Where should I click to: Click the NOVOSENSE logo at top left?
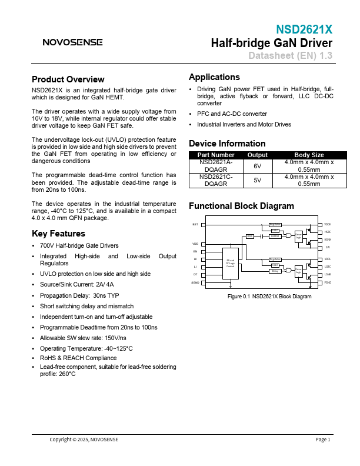tap(72, 42)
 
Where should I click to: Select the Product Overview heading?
tap(68, 79)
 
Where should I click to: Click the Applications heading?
tap(214, 77)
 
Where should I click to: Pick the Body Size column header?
tap(309, 155)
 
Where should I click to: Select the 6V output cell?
tap(257, 166)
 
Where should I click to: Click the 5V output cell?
tap(257, 180)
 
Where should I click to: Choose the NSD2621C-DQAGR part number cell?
tap(215, 180)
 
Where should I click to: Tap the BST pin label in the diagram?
tap(195, 225)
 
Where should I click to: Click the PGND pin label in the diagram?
tap(328, 282)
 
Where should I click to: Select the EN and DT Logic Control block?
tap(230, 264)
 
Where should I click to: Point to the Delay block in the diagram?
tap(275, 271)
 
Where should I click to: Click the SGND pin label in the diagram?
tap(195, 282)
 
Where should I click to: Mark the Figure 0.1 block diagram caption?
tap(269, 297)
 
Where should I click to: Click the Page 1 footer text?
tap(323, 440)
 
